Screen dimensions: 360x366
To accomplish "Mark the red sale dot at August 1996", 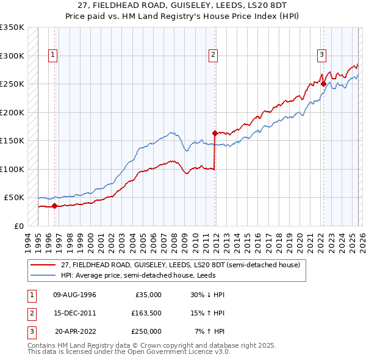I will [x=54, y=206].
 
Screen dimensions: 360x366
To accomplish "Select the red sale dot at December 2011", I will [x=215, y=132].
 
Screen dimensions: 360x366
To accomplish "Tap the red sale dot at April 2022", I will [x=323, y=84].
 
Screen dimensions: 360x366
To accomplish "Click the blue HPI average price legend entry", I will [x=152, y=275].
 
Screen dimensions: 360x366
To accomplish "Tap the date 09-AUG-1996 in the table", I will [x=75, y=295].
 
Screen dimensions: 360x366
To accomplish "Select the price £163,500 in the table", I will [x=146, y=313].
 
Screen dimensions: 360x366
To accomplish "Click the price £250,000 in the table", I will [x=146, y=331].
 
